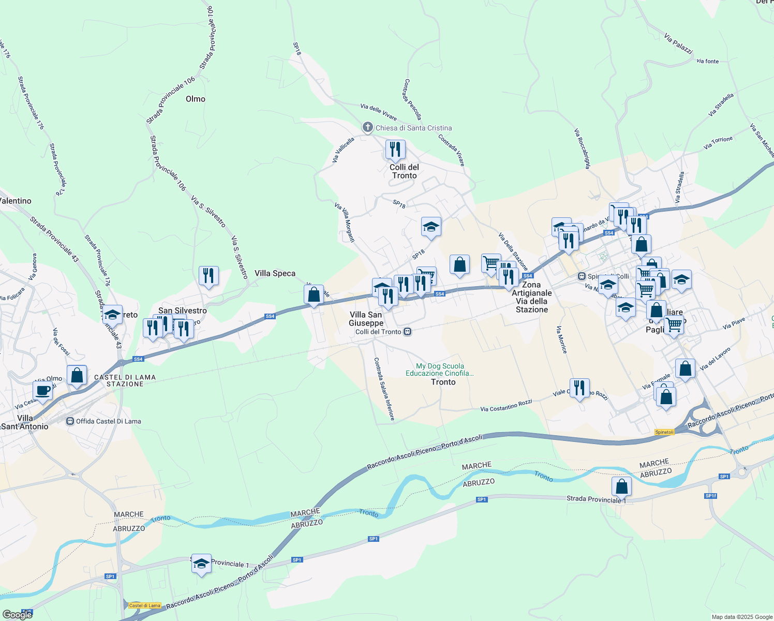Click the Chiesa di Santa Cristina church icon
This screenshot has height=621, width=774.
pyautogui.click(x=367, y=127)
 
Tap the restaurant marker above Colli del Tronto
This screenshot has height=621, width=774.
pyautogui.click(x=395, y=150)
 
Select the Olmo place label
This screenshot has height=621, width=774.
pyautogui.click(x=196, y=99)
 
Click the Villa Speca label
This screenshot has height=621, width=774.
pyautogui.click(x=275, y=273)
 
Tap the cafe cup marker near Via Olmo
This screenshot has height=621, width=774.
pyautogui.click(x=42, y=391)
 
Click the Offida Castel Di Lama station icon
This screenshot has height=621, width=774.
pyautogui.click(x=70, y=421)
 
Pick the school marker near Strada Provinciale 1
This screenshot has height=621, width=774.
pyautogui.click(x=201, y=564)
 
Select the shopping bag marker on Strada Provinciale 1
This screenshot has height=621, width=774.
pyautogui.click(x=621, y=487)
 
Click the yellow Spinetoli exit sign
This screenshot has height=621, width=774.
pyautogui.click(x=664, y=432)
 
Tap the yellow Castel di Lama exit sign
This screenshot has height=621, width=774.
pyautogui.click(x=145, y=605)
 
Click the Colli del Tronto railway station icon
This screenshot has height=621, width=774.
pyautogui.click(x=408, y=332)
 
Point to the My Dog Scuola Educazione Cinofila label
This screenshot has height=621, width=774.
pyautogui.click(x=440, y=369)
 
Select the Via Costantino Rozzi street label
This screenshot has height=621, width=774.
pyautogui.click(x=506, y=406)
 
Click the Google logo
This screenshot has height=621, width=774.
pyautogui.click(x=18, y=614)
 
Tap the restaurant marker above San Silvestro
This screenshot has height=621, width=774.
pyautogui.click(x=209, y=276)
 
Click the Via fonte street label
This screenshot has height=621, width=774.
pyautogui.click(x=707, y=61)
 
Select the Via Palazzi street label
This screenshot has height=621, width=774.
pyautogui.click(x=678, y=44)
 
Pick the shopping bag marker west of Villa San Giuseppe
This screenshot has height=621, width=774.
pyautogui.click(x=314, y=295)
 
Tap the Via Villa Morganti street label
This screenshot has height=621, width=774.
pyautogui.click(x=345, y=223)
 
